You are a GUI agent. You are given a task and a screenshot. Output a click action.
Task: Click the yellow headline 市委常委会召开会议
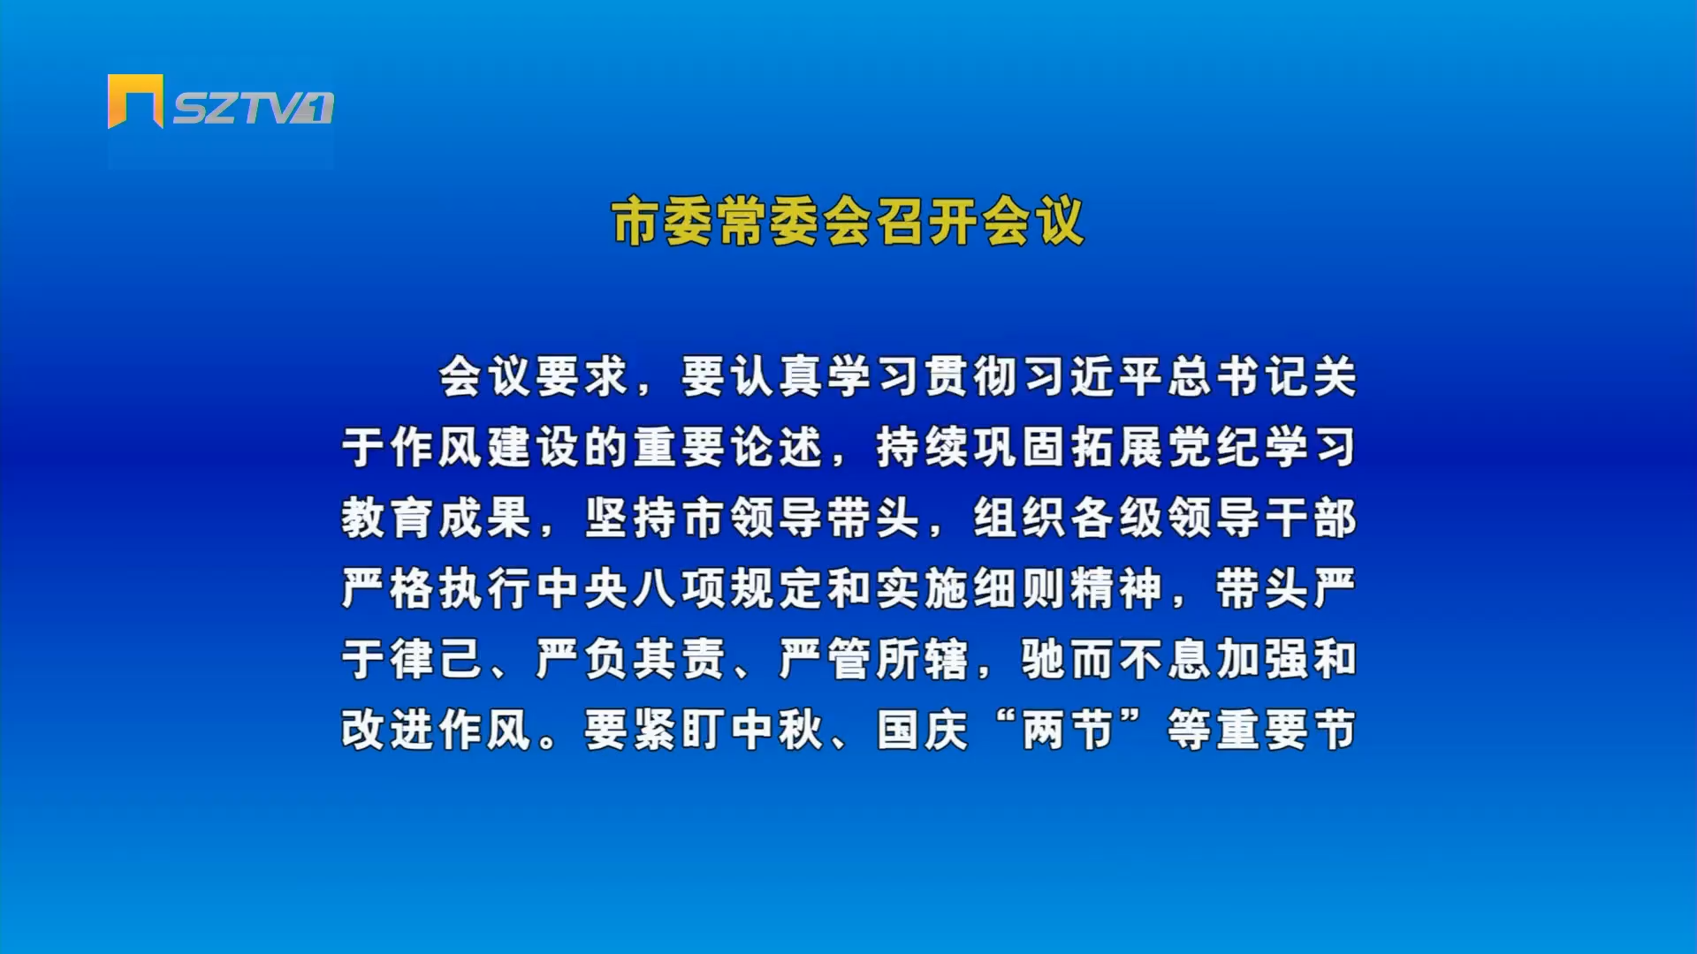[848, 221]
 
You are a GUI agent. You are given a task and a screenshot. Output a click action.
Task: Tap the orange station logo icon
[135, 101]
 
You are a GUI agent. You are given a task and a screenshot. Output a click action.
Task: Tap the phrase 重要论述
[728, 447]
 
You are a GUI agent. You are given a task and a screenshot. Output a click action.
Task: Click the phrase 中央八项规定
[680, 588]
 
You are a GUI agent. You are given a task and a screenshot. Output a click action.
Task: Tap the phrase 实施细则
[971, 588]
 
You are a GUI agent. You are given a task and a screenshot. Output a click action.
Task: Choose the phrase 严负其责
[631, 659]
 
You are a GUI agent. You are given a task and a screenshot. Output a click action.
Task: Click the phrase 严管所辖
[874, 659]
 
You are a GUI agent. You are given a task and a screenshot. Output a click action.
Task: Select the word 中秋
[777, 730]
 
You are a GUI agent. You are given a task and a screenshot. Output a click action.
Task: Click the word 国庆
[923, 730]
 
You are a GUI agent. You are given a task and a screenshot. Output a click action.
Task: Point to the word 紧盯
[680, 730]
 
